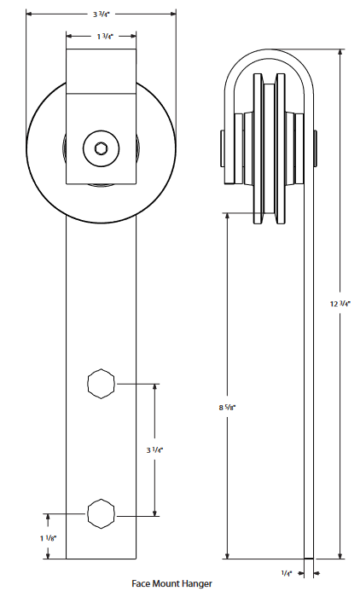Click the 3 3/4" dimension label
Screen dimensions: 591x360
pos(101,14)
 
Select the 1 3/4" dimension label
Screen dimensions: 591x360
pos(102,37)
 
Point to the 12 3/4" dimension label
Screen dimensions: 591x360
pos(340,303)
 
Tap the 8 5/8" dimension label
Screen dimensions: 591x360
pos(228,408)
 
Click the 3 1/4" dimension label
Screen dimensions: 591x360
pos(154,449)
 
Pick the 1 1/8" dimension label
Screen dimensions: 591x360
pos(48,537)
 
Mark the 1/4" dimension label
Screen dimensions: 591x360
pos(287,574)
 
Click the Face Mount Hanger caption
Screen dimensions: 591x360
pos(171,584)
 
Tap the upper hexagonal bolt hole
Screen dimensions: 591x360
pos(101,384)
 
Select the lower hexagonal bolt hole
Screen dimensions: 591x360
pos(101,514)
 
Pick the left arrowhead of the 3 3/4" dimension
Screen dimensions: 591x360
pos(30,14)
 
